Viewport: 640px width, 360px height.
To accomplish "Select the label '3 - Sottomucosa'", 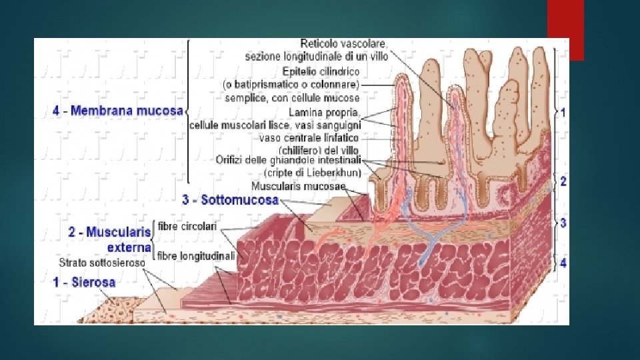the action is pos(231,199).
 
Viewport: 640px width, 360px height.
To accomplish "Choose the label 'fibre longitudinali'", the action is pos(196,255).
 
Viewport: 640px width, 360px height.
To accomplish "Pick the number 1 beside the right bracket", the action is pos(563,113).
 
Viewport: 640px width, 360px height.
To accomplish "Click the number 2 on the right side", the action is pos(563,182).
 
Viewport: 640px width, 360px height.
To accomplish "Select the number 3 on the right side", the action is pos(563,223).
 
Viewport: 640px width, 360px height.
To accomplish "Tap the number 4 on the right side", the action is pos(563,263).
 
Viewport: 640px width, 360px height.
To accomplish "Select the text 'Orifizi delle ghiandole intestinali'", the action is pos(289,159).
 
